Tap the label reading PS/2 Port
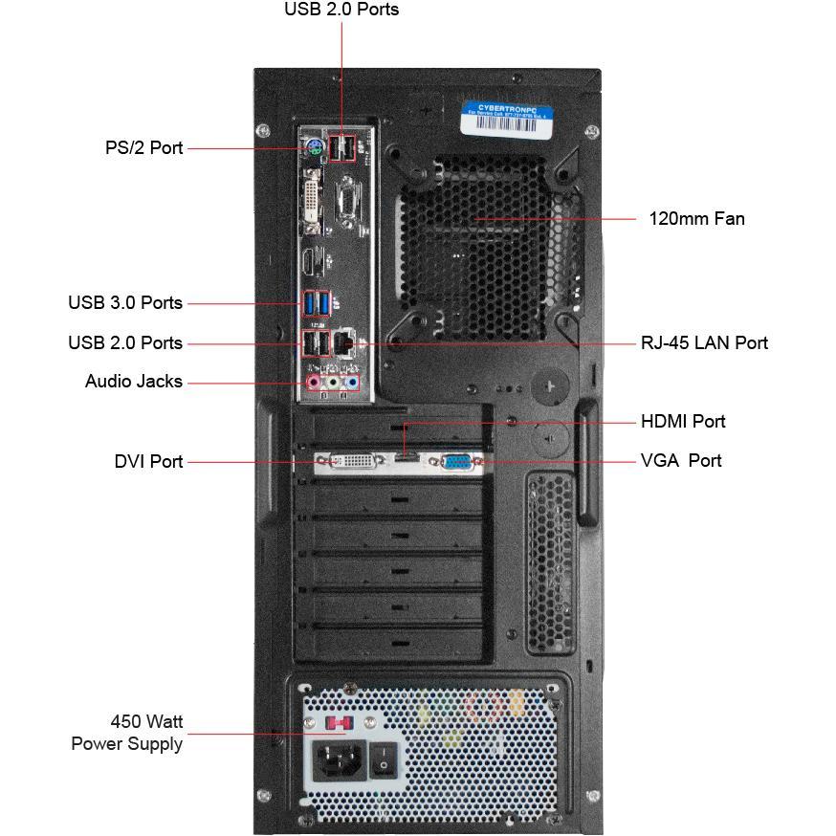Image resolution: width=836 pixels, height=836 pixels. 143,148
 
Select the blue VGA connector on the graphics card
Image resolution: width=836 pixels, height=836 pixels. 455,463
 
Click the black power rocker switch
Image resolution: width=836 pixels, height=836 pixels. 384,761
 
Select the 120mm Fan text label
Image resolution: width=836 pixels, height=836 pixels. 696,219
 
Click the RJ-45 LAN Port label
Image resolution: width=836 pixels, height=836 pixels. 704,342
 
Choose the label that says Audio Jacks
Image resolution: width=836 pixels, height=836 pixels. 134,382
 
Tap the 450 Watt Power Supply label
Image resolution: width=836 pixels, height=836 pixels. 127,733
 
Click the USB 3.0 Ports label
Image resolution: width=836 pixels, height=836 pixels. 125,303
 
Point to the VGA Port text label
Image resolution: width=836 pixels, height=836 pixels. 681,461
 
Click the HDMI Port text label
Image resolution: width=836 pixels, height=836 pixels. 683,422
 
